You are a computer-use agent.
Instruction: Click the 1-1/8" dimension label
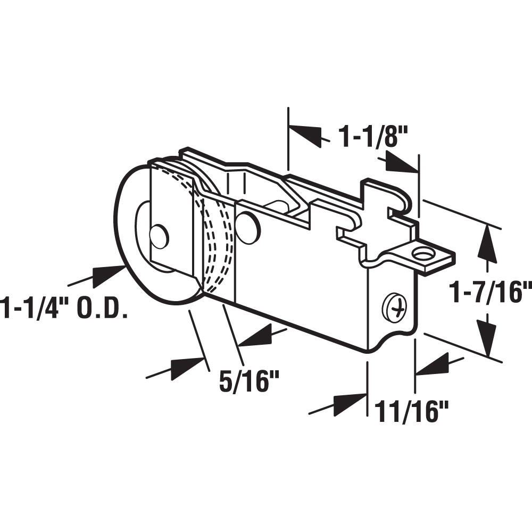(372, 137)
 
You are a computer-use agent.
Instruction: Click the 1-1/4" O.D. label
(64, 308)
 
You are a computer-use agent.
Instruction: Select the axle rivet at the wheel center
(159, 236)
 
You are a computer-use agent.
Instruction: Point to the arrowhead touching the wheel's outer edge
(110, 273)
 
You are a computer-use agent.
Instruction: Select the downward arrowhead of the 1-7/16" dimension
(487, 335)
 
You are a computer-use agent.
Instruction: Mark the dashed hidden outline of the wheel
(218, 239)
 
